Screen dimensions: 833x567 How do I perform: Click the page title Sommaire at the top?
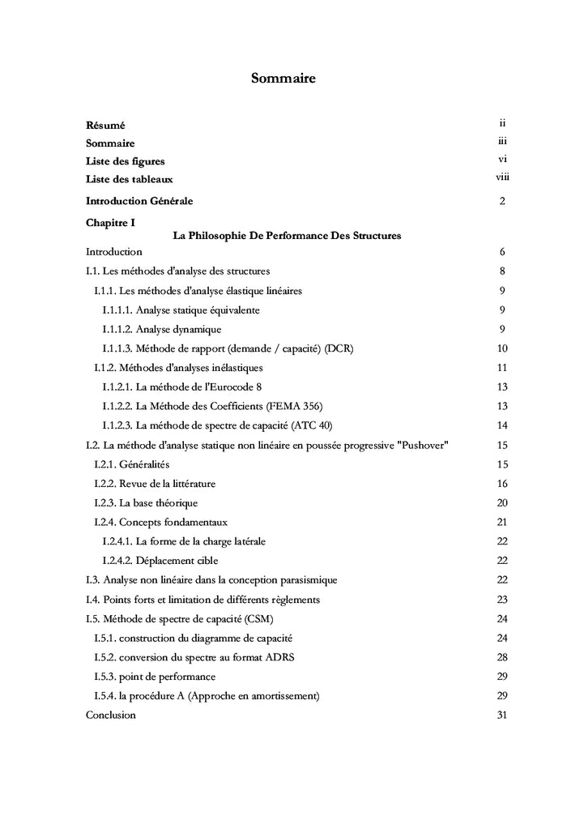tap(283, 79)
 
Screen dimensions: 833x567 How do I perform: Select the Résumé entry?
tap(105, 126)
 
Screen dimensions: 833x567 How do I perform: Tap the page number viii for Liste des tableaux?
tap(502, 178)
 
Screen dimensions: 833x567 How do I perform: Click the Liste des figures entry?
tap(125, 161)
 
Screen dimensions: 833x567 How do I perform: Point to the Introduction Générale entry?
tap(139, 200)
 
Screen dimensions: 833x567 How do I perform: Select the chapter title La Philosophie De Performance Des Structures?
tap(288, 236)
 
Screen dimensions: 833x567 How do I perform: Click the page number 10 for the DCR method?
tap(502, 348)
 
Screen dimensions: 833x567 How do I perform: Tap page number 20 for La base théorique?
tap(502, 503)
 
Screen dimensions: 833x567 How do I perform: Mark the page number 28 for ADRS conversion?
tap(502, 657)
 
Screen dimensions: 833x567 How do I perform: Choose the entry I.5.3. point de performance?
tap(155, 677)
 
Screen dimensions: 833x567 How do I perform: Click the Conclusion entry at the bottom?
tap(111, 716)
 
